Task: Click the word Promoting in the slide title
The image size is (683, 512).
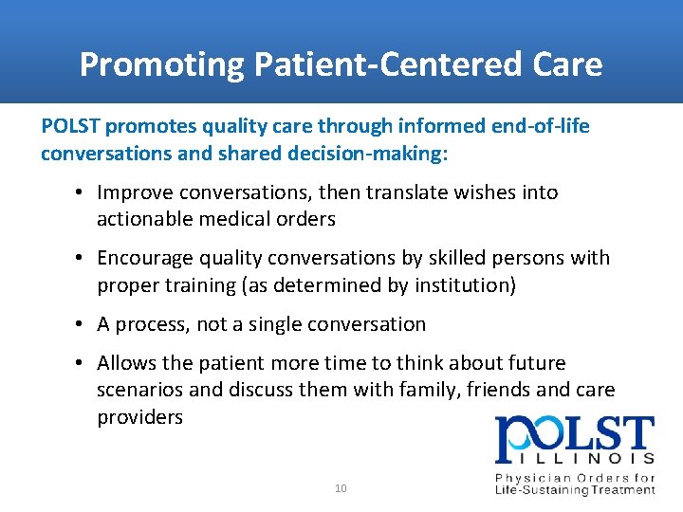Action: pyautogui.click(x=161, y=64)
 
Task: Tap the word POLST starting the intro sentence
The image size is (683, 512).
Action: pyautogui.click(x=69, y=126)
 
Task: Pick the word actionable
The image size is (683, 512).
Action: pyautogui.click(x=145, y=220)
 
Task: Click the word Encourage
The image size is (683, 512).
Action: pyautogui.click(x=143, y=258)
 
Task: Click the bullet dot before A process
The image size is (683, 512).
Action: pyautogui.click(x=83, y=324)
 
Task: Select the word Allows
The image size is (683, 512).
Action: pyautogui.click(x=126, y=363)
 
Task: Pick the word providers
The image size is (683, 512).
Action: pyautogui.click(x=139, y=418)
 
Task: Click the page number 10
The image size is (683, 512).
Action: pyautogui.click(x=341, y=488)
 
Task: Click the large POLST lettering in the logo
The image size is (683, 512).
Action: pyautogui.click(x=574, y=438)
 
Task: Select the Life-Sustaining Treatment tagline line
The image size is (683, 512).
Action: pyautogui.click(x=575, y=490)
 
